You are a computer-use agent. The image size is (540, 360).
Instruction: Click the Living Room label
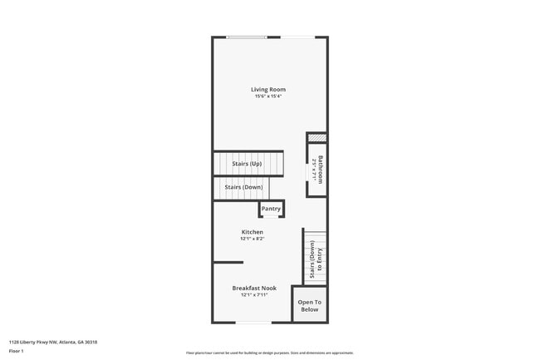pyautogui.click(x=268, y=89)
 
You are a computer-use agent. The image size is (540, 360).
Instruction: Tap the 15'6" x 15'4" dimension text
pyautogui.click(x=268, y=96)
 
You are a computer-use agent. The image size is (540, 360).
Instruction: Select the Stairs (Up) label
pyautogui.click(x=247, y=164)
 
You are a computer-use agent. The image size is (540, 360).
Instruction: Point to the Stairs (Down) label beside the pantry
pyautogui.click(x=243, y=187)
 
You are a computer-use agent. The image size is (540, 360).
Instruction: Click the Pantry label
pyautogui.click(x=271, y=209)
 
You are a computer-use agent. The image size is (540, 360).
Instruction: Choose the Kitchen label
pyautogui.click(x=253, y=232)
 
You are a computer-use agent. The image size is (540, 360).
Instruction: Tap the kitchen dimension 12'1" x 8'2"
pyautogui.click(x=253, y=239)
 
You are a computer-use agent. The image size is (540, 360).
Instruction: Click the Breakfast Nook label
pyautogui.click(x=254, y=288)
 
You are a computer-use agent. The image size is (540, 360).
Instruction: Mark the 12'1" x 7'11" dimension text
pyautogui.click(x=254, y=294)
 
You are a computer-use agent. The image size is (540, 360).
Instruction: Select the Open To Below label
pyautogui.click(x=309, y=305)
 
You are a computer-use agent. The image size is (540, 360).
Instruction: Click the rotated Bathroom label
pyautogui.click(x=321, y=169)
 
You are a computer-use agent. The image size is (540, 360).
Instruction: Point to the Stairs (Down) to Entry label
pyautogui.click(x=316, y=259)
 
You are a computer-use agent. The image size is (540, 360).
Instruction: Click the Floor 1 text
pyautogui.click(x=16, y=351)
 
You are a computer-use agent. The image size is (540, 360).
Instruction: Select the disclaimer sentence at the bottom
pyautogui.click(x=269, y=353)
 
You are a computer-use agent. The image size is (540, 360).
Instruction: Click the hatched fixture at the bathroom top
pyautogui.click(x=317, y=138)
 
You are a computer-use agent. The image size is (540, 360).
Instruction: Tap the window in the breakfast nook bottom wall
pyautogui.click(x=253, y=323)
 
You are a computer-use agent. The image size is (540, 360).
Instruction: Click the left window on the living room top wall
pyautogui.click(x=248, y=37)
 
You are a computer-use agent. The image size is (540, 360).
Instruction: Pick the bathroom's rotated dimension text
pyautogui.click(x=314, y=169)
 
